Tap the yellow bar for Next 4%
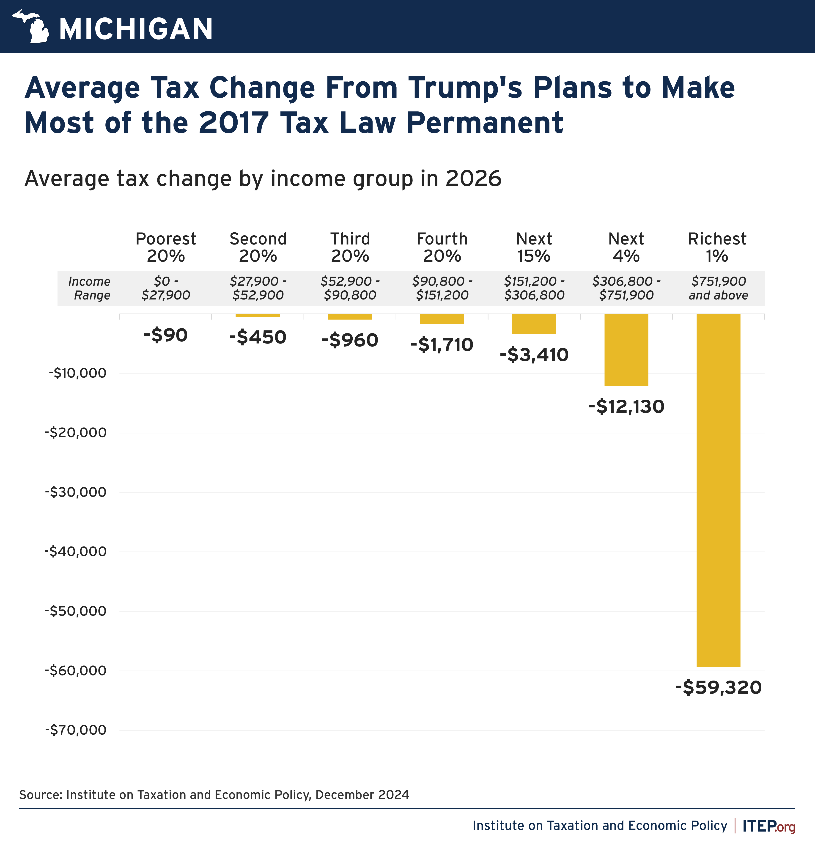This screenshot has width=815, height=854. [626, 350]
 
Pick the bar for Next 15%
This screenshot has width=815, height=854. [534, 324]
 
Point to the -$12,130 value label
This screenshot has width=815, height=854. [626, 406]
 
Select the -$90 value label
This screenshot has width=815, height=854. [165, 335]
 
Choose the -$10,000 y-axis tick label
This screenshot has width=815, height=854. [77, 373]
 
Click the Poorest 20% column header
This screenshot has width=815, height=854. [165, 247]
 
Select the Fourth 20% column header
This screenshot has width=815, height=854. [442, 247]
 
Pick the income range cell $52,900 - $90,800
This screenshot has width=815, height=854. [350, 288]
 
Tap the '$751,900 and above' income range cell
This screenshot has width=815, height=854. [718, 288]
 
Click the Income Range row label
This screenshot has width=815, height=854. [90, 288]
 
